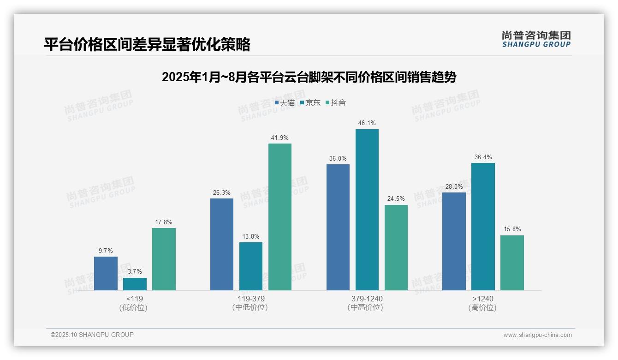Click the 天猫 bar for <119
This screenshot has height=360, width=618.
pyautogui.click(x=106, y=273)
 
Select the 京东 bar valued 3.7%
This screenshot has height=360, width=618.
pyautogui.click(x=135, y=284)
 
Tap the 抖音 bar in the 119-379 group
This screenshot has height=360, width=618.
pyautogui.click(x=280, y=217)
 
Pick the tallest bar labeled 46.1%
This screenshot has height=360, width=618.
pyautogui.click(x=367, y=210)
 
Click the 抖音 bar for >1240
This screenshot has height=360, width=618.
pyautogui.click(x=512, y=263)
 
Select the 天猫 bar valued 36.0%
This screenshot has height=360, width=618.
pyautogui.click(x=338, y=227)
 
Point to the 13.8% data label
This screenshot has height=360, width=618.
pyautogui.click(x=251, y=237)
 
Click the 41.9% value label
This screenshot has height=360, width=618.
pyautogui.click(x=280, y=138)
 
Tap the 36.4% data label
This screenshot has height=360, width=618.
pyautogui.click(x=483, y=157)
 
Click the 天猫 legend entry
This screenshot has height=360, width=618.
pyautogui.click(x=285, y=103)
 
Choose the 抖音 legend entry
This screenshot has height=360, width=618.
pyautogui.click(x=336, y=103)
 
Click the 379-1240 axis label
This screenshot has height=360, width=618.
pyautogui.click(x=367, y=299)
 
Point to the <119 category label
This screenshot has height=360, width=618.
pyautogui.click(x=135, y=299)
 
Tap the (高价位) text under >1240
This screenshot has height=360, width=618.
pyautogui.click(x=483, y=307)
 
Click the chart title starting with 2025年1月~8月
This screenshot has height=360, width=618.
pyautogui.click(x=309, y=77)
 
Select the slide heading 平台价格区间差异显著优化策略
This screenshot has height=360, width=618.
pyautogui.click(x=147, y=45)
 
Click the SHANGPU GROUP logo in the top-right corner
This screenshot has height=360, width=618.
pyautogui.click(x=536, y=39)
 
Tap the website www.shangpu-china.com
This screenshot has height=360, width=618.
pyautogui.click(x=537, y=335)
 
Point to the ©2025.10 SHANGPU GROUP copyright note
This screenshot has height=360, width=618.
pyautogui.click(x=92, y=335)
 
